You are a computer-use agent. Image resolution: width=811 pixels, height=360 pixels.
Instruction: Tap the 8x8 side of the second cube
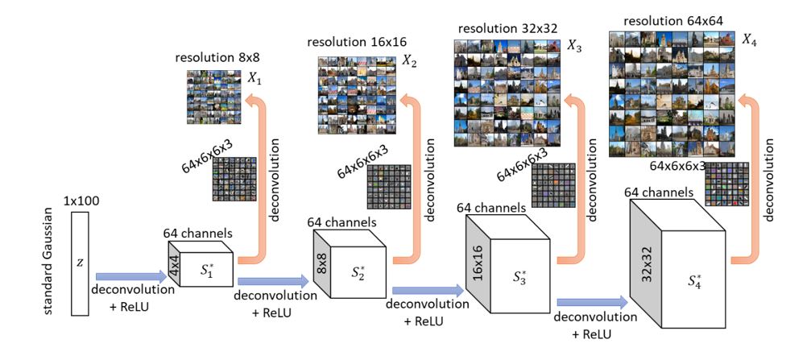(x=321, y=257)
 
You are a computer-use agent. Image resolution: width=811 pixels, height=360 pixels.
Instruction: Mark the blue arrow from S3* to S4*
(x=592, y=301)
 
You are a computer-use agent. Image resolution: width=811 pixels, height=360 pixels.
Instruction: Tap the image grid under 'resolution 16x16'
(x=353, y=90)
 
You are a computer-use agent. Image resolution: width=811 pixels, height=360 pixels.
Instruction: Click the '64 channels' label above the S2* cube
(x=341, y=221)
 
